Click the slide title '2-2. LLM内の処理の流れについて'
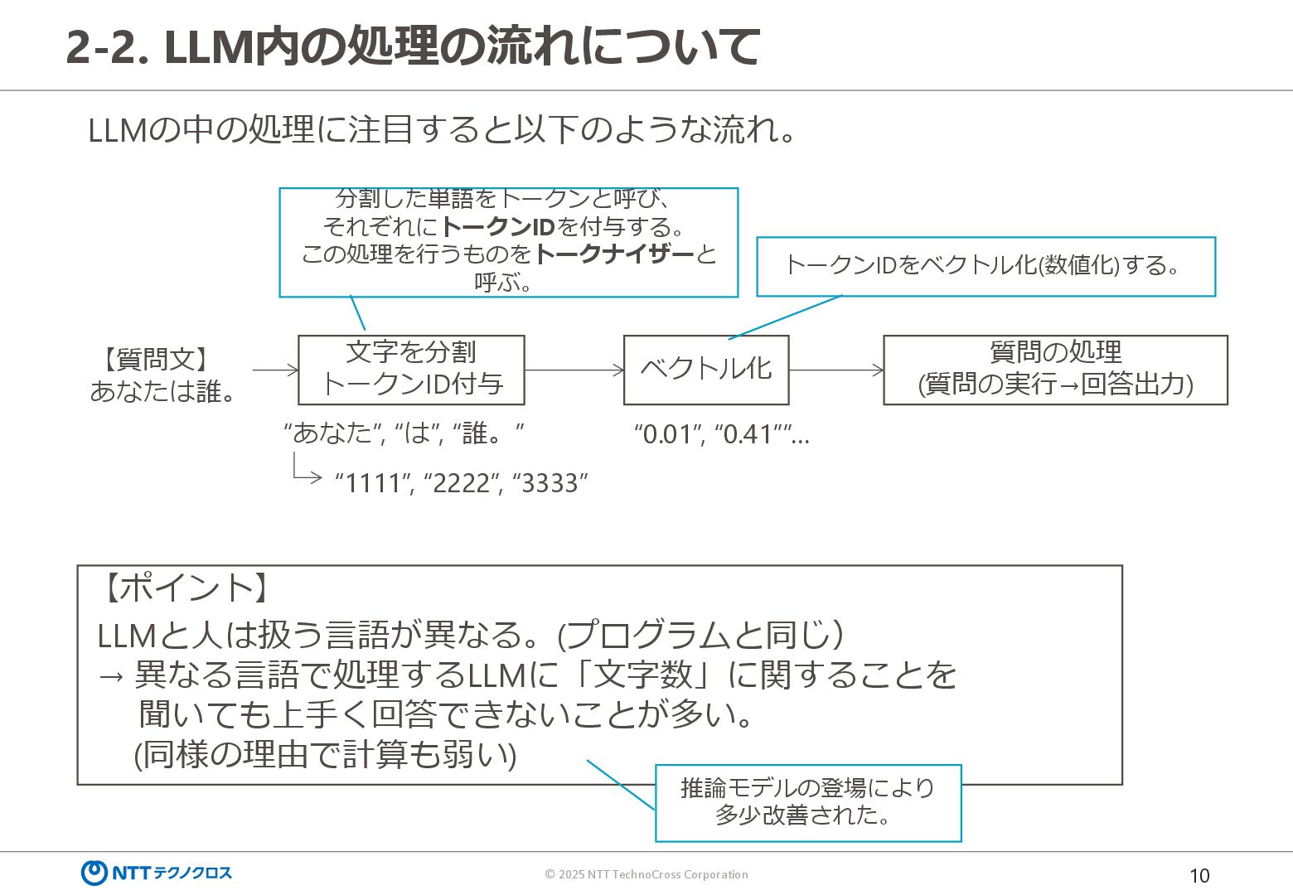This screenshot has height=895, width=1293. click(x=412, y=46)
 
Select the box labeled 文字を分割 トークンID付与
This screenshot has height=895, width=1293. click(x=411, y=370)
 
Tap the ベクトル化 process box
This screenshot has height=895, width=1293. click(x=705, y=370)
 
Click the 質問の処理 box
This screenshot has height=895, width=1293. click(x=1055, y=370)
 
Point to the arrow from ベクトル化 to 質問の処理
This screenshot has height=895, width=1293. click(x=836, y=370)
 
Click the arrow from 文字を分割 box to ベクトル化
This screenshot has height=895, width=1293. click(x=574, y=370)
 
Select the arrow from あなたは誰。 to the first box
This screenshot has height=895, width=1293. click(x=275, y=370)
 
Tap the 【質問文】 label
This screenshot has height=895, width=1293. click(x=156, y=359)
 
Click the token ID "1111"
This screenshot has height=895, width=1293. click(x=372, y=483)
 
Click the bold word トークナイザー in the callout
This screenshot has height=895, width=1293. click(x=614, y=254)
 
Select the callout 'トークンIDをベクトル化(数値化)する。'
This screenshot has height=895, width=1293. click(x=985, y=266)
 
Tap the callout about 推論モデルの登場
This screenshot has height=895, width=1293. click(x=807, y=802)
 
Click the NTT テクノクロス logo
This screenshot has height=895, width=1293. click(x=157, y=873)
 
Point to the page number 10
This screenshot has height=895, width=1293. click(x=1199, y=876)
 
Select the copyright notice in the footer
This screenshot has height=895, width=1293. click(x=646, y=874)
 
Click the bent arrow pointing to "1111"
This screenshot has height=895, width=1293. click(x=305, y=470)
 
